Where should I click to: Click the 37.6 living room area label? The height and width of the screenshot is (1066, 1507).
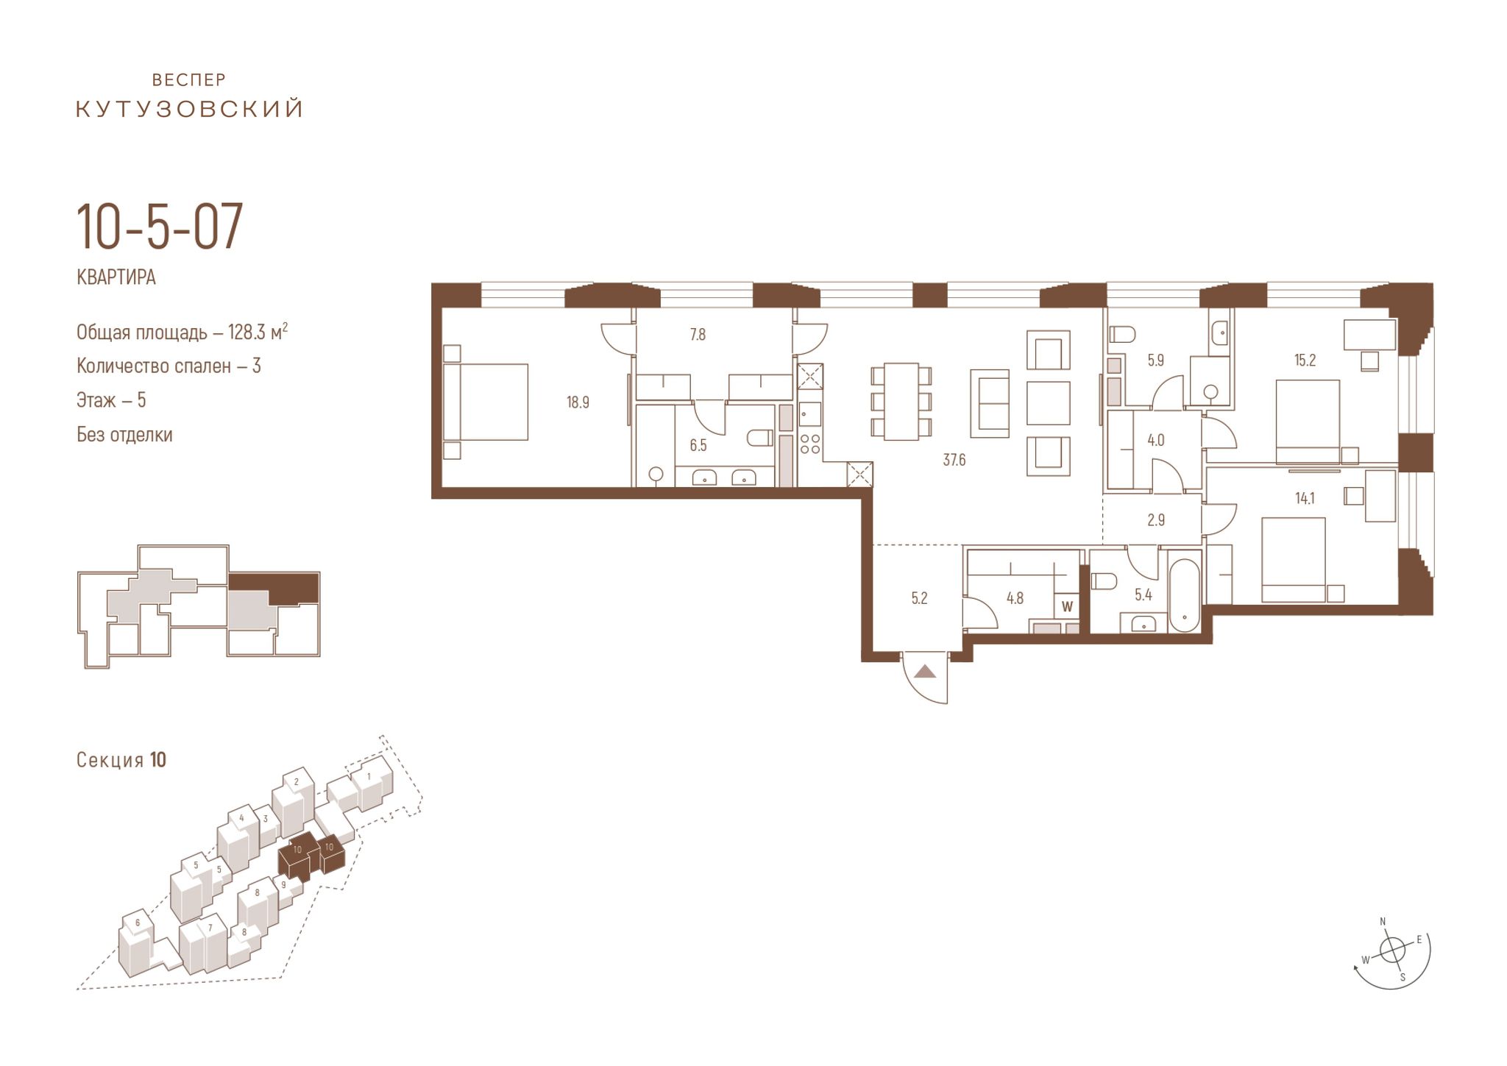[954, 461]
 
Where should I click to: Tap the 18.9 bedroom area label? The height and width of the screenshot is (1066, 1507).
[578, 402]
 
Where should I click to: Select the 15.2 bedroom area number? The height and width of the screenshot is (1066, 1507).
[1305, 360]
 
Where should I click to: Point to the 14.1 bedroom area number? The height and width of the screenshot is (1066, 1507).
[1305, 498]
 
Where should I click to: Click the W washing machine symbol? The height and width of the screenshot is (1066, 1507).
[1067, 607]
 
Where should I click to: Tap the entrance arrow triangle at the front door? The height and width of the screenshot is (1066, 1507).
[926, 671]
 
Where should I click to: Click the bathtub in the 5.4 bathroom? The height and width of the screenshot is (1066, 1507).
[1184, 595]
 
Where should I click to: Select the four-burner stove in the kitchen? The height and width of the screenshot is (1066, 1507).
[810, 444]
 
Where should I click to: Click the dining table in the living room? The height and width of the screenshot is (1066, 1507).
[901, 402]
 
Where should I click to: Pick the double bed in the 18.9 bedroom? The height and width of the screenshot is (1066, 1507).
[486, 402]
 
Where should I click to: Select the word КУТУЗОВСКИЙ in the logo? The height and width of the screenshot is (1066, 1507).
[190, 110]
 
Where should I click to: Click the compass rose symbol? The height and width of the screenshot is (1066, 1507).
[1392, 950]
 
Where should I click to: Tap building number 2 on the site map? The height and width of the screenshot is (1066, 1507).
[297, 781]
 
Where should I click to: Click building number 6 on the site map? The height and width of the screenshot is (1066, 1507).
[138, 923]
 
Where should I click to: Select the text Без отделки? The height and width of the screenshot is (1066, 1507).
[124, 435]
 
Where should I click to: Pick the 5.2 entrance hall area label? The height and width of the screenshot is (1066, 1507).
[919, 598]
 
